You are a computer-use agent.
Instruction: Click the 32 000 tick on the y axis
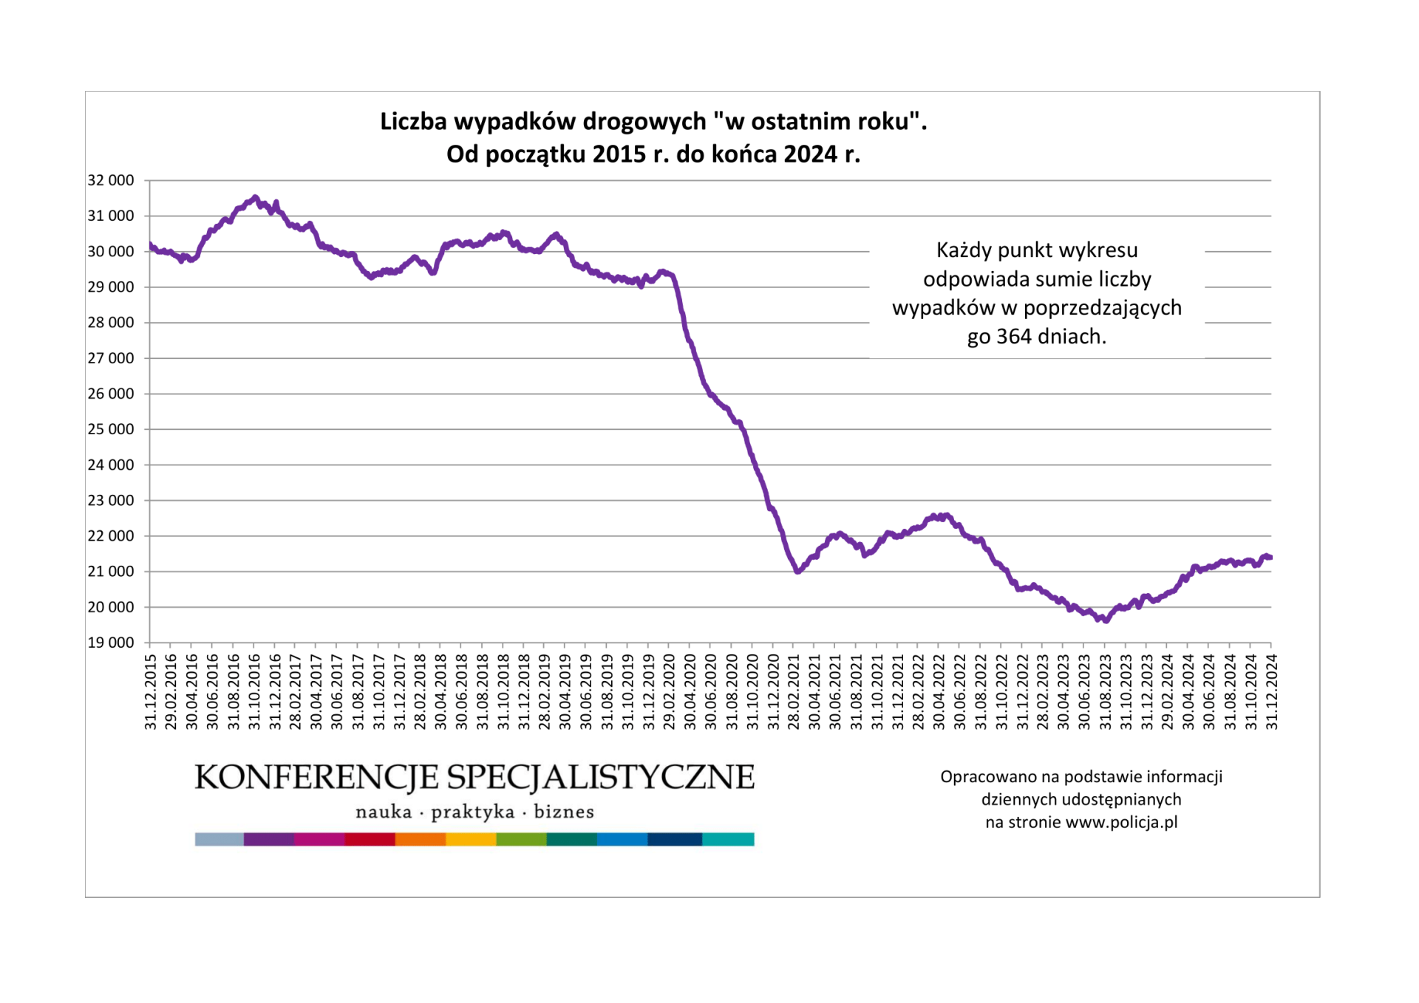click(111, 180)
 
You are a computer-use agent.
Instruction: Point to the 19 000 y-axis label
click(111, 643)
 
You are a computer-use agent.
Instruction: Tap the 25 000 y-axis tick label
click(111, 429)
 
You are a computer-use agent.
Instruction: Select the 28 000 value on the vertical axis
click(111, 323)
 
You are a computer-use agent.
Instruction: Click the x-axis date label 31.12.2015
click(151, 691)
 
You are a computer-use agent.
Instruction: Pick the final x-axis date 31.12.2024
click(1272, 691)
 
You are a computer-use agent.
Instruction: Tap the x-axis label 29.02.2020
click(670, 691)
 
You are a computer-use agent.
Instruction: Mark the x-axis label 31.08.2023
click(1106, 691)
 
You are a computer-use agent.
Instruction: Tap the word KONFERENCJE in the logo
click(316, 778)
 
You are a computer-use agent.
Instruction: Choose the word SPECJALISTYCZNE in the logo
click(601, 778)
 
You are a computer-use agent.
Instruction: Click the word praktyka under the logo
click(473, 812)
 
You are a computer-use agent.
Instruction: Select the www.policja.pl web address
click(1121, 823)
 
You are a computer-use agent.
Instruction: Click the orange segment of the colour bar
click(421, 839)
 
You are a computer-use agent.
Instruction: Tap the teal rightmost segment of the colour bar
click(728, 839)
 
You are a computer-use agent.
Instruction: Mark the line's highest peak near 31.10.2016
click(255, 197)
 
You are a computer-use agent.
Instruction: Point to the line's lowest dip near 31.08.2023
click(1106, 620)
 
